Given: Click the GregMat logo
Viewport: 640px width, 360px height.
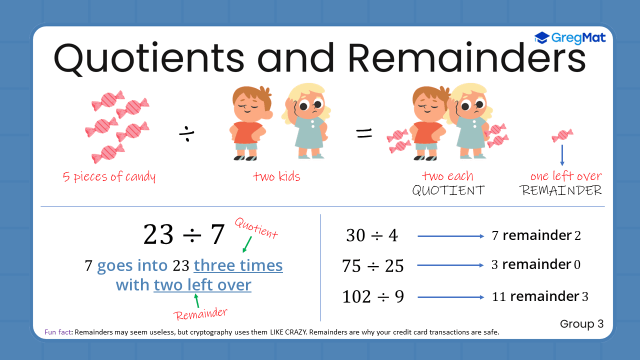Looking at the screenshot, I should click(570, 38).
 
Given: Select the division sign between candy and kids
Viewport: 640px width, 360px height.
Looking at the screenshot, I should click(187, 133).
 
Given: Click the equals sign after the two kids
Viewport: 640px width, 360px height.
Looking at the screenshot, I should click(364, 133).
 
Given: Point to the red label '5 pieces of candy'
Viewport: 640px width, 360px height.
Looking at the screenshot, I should click(109, 177).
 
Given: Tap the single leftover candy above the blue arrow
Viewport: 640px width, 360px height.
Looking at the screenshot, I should click(562, 135).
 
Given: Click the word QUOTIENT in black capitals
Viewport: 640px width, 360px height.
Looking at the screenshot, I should click(448, 190).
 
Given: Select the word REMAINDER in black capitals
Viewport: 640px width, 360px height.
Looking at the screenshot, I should click(560, 190).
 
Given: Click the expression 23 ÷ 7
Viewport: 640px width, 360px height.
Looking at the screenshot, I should click(184, 234).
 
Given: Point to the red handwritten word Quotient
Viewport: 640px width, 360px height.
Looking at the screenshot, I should click(255, 228).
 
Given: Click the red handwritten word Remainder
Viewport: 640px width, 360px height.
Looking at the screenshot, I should click(200, 314).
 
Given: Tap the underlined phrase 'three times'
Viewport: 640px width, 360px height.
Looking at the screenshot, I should click(238, 265).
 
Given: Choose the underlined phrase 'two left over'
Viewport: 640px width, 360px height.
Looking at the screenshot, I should click(202, 285).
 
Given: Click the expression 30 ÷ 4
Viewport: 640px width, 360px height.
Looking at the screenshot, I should click(371, 235).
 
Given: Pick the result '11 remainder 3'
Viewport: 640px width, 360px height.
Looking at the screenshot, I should click(540, 296).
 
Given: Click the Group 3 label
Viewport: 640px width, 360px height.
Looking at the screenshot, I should click(582, 324).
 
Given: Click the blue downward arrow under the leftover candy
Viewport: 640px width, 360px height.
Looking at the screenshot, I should click(562, 155).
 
